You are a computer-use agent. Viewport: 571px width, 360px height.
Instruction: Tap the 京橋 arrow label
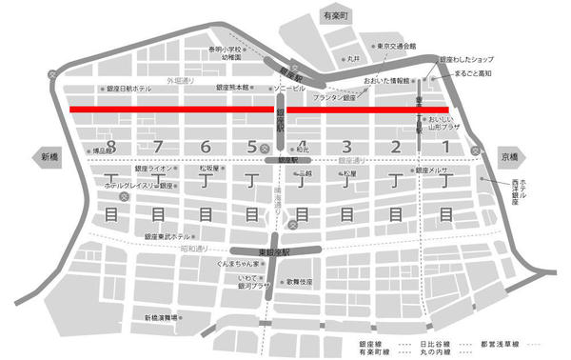511,156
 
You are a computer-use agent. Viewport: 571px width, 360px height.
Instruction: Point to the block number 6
206,146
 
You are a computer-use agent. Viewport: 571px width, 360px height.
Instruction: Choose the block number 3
347,146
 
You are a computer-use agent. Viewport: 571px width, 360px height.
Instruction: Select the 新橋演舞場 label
163,317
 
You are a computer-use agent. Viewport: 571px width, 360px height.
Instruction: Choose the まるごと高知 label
473,73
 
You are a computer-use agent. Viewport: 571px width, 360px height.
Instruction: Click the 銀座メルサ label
434,170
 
